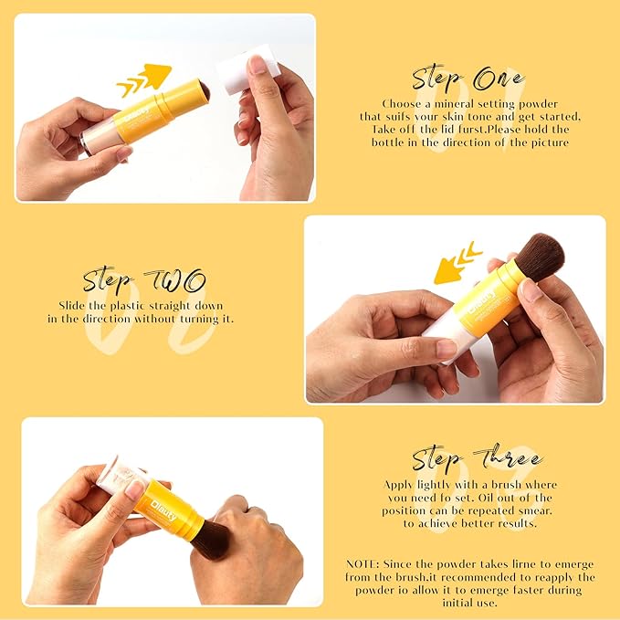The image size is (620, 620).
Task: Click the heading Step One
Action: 468,78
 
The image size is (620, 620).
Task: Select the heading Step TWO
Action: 144,280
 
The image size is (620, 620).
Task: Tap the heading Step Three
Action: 476,458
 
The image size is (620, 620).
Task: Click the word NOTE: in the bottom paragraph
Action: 367,564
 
